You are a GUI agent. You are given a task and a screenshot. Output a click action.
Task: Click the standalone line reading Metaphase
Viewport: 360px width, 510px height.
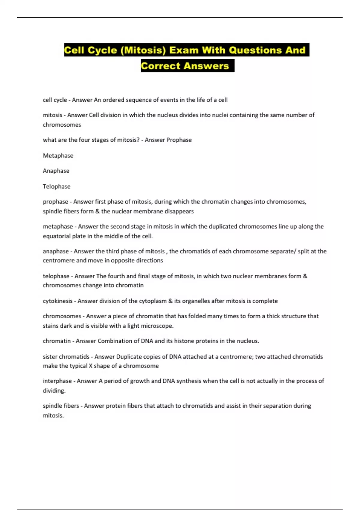click(58, 155)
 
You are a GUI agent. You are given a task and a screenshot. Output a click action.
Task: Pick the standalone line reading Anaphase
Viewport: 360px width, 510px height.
click(56, 171)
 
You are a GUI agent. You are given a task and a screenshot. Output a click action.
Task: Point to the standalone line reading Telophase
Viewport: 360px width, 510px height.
click(57, 186)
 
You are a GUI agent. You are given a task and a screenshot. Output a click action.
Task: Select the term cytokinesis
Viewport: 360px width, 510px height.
click(58, 301)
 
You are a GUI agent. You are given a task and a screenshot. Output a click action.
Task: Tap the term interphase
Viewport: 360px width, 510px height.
click(57, 381)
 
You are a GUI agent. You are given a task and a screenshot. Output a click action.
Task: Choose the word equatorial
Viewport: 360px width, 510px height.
click(56, 236)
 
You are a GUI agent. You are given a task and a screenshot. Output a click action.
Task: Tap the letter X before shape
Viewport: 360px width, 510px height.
click(91, 366)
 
